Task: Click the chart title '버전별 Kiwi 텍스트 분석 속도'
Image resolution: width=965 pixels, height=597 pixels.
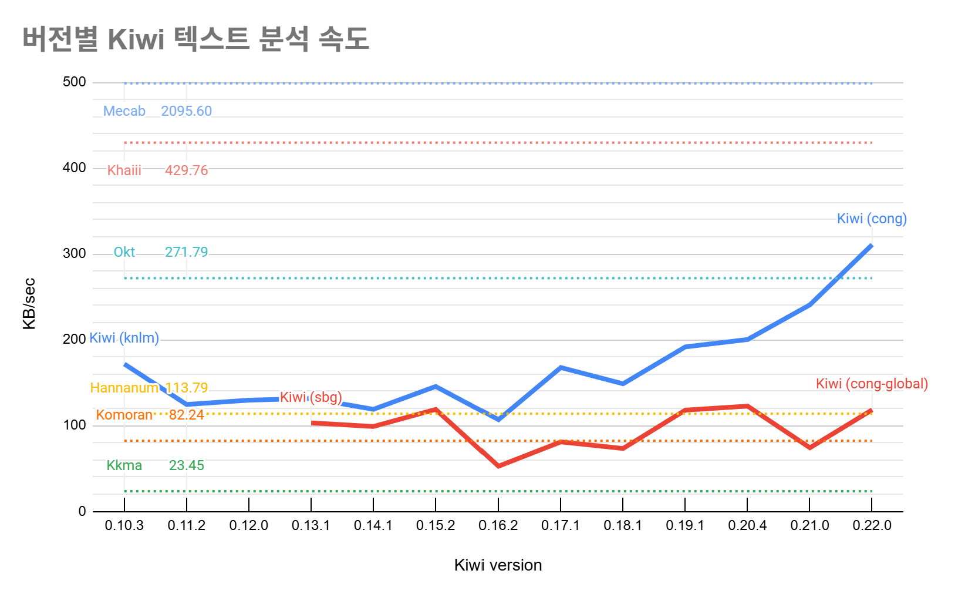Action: coord(195,39)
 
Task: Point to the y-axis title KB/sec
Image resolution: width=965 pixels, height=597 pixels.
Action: coord(29,303)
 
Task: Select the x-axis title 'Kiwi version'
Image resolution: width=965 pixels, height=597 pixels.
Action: coord(498,565)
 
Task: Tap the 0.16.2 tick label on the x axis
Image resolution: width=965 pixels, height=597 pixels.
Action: coord(498,525)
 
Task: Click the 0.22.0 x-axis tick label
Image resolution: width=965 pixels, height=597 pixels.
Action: coord(872,525)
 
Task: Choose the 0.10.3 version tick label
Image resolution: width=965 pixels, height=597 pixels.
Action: coord(124,525)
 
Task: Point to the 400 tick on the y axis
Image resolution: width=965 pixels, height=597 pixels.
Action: coord(75,168)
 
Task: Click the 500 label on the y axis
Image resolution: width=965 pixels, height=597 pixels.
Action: coord(75,82)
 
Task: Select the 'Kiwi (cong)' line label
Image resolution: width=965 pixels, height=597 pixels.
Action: coord(872,219)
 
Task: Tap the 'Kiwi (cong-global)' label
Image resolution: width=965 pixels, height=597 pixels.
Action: coord(872,384)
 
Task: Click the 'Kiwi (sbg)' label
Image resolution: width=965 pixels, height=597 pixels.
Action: coord(311,397)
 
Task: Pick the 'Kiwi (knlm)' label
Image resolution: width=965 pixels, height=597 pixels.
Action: coord(124,338)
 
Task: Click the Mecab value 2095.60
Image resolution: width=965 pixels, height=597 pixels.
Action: coord(186,111)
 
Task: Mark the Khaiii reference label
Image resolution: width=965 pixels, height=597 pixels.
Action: coord(124,170)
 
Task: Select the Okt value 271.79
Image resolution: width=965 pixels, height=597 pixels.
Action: coord(186,252)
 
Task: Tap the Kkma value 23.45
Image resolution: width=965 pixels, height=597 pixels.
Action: coord(186,465)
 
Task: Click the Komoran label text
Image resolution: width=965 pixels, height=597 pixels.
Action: coord(124,415)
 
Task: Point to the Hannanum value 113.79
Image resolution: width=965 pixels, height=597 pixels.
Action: coord(186,388)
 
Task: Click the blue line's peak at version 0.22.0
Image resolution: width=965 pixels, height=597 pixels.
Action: coord(872,245)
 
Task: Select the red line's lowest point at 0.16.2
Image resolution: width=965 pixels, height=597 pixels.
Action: coord(498,466)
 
